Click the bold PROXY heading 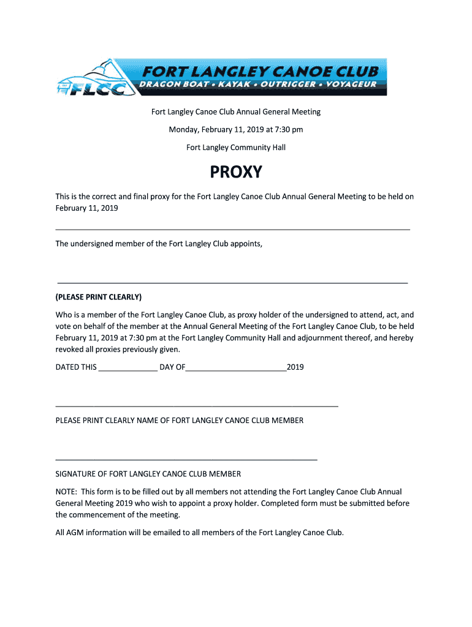(236, 173)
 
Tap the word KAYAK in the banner (231, 84)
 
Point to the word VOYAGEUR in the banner (351, 84)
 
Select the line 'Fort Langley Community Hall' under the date (236, 148)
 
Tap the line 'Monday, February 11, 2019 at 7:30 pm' (236, 130)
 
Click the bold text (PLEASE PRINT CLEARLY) (99, 298)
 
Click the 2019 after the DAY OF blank (295, 367)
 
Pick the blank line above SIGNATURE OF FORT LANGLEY (186, 459)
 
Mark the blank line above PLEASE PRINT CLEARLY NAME (197, 405)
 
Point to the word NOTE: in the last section (66, 492)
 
